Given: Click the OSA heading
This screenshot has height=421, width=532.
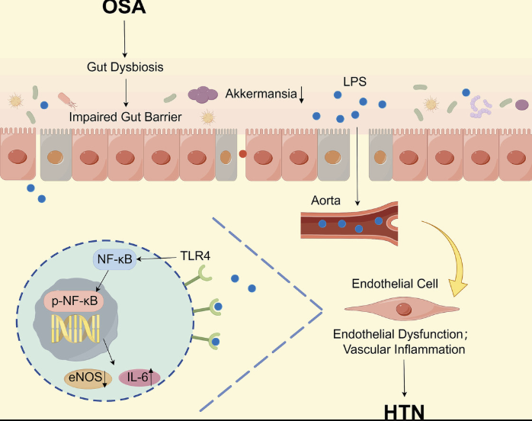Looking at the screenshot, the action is coord(124,7).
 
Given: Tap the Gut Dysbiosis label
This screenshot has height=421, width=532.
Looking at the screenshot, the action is coord(125,67).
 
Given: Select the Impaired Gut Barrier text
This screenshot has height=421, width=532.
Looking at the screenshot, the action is coord(125,117).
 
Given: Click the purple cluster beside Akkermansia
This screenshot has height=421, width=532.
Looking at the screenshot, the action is coord(203,95).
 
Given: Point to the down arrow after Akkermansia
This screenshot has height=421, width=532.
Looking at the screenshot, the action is coord(301,95).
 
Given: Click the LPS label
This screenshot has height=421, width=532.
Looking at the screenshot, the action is coord(354,82).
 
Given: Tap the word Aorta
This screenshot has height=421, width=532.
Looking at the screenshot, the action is coord(325,201).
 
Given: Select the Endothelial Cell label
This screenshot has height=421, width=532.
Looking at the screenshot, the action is coord(395,284).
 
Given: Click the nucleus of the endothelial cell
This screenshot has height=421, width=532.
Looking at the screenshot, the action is coord(404,310).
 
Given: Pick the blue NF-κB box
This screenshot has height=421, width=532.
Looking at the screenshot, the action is coord(114,259).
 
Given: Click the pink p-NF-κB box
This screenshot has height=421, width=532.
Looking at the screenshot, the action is coord(74,300).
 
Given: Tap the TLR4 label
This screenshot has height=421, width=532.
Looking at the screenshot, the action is coord(195,255).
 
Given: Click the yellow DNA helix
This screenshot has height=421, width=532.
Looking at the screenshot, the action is coord(75,328).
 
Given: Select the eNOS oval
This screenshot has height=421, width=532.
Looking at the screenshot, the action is coord(88,378).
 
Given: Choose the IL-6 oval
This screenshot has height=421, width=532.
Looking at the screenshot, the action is coord(139,378).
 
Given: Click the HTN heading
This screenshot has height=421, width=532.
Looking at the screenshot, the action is coord(404,412).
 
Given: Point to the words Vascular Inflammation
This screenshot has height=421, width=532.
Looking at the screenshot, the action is coord(404,349).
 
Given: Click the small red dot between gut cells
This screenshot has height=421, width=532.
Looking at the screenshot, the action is coord(242,154).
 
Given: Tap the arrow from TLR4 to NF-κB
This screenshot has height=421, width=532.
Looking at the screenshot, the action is coord(157,259).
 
